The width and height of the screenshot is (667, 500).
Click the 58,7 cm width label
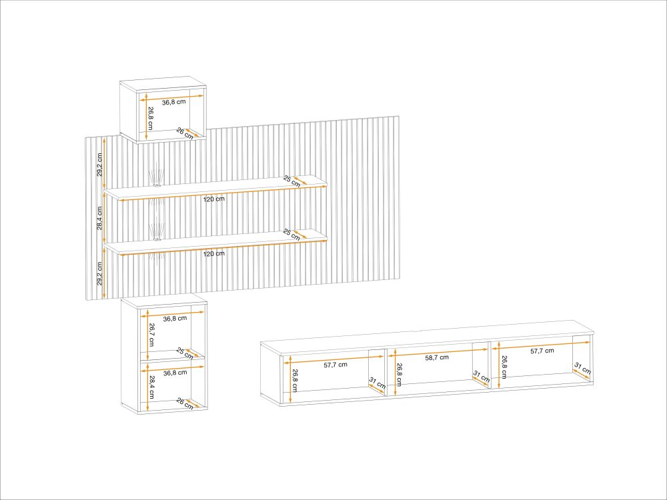click(437, 357)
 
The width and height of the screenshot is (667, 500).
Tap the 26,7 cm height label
click(152, 335)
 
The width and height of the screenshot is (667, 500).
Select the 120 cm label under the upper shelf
click(213, 199)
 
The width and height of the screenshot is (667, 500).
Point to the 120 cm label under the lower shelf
click(213, 254)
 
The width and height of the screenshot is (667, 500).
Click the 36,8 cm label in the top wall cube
click(173, 102)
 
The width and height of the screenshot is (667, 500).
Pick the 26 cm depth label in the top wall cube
click(185, 133)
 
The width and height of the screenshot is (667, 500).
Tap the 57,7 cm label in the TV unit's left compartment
click(336, 365)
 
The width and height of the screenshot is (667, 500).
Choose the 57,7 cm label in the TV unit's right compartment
click(542, 351)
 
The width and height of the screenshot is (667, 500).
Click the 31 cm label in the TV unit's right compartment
click(583, 368)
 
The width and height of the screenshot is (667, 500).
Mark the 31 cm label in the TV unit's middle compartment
click(482, 377)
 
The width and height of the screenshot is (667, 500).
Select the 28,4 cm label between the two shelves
click(99, 218)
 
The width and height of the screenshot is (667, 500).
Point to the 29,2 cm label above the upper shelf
click(99, 165)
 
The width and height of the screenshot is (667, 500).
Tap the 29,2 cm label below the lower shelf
click(99, 273)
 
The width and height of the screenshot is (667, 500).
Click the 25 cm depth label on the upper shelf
click(292, 180)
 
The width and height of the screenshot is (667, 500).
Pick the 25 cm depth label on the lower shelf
click(292, 235)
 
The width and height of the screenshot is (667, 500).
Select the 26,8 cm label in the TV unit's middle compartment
click(400, 374)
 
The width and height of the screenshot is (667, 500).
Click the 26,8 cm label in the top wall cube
click(151, 119)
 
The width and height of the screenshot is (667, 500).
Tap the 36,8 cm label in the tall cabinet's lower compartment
click(175, 373)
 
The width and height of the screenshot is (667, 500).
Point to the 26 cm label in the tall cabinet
click(185, 404)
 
